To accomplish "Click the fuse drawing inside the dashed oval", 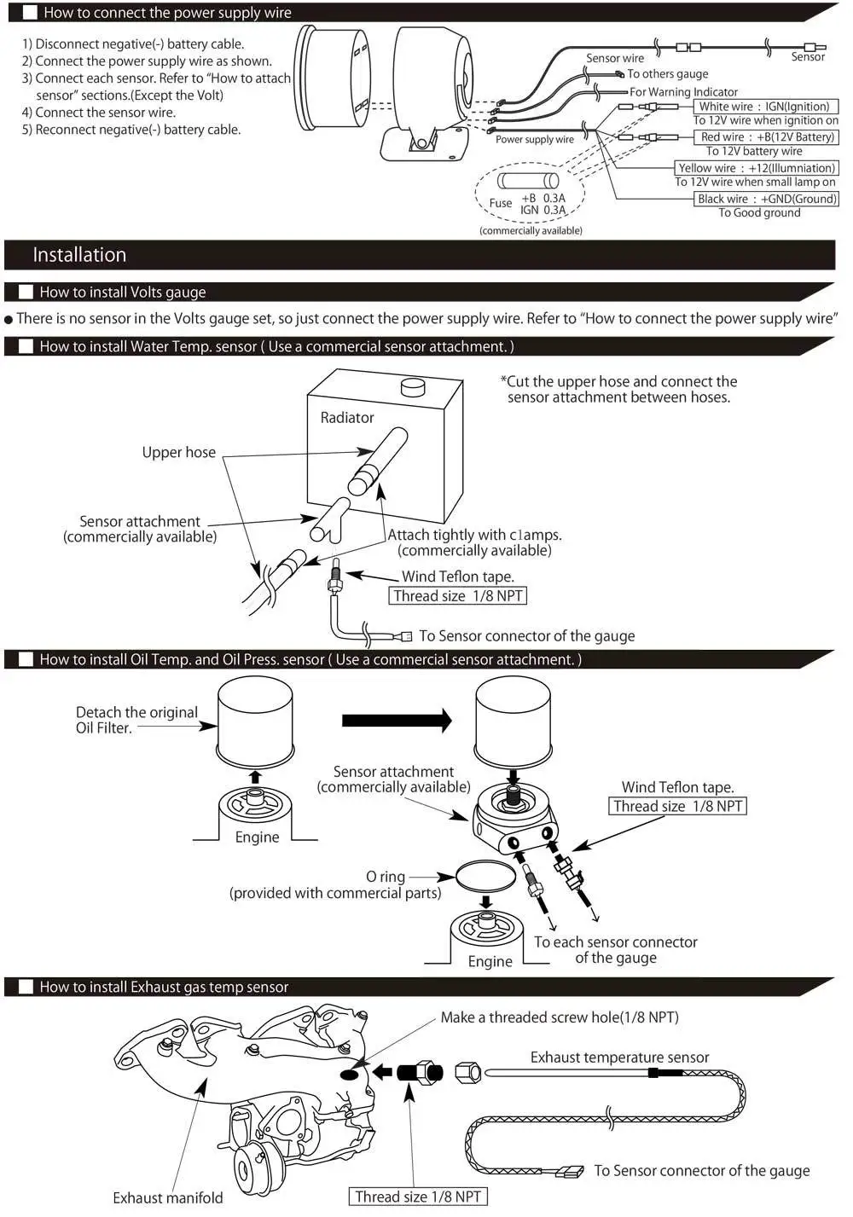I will [528, 181].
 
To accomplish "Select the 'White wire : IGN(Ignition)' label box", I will [764, 107].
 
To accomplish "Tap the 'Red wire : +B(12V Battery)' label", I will [767, 136].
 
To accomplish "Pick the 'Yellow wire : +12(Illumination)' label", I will [756, 168].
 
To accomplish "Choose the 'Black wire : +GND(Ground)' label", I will [767, 199].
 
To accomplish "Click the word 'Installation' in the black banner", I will [79, 255].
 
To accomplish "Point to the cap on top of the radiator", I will [413, 387].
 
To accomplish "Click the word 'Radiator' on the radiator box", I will [347, 418].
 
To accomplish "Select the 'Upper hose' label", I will [179, 453].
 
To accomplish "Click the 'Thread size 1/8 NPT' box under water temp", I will [458, 596].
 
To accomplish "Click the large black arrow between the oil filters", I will [397, 721].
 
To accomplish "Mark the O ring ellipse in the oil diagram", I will [486, 876].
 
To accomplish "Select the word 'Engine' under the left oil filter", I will [257, 837].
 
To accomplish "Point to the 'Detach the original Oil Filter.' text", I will [136, 720].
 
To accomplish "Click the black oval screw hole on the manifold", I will [351, 1074].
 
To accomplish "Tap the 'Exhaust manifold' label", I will [168, 1197].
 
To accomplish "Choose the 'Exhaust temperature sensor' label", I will [619, 1058].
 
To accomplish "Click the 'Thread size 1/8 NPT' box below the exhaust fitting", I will [418, 1197].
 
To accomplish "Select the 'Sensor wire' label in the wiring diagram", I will [615, 58].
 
